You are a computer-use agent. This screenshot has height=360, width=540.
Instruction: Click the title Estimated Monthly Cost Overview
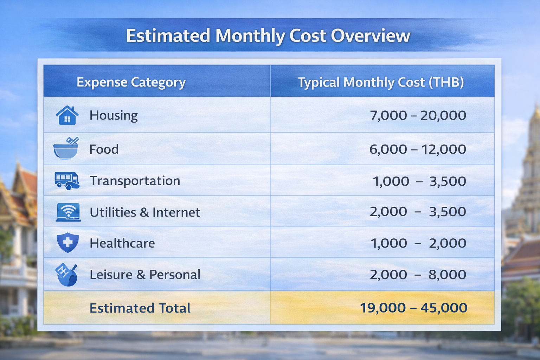coord(268,36)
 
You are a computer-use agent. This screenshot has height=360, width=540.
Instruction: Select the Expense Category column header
coord(131,82)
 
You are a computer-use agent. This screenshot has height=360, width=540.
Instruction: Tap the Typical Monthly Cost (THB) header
coord(381,82)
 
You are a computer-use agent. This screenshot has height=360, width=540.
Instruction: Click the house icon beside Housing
coord(67,115)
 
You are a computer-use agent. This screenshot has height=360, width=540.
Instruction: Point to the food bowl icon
coord(66,149)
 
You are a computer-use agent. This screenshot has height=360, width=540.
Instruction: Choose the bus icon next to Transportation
coord(67,181)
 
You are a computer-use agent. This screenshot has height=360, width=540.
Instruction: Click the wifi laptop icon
coord(68,212)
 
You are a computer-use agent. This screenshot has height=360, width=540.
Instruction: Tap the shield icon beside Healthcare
coord(67,243)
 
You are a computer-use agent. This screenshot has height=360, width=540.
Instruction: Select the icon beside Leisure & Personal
coord(67,275)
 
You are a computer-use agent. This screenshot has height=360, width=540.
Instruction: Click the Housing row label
coord(114,115)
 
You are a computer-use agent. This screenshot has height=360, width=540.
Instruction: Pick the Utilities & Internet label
coord(145,212)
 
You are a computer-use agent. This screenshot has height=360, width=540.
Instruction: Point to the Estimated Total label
coord(140,308)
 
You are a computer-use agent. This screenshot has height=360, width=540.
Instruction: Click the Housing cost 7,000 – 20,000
coord(418,115)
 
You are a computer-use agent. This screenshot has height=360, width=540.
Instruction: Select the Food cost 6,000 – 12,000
coord(418,149)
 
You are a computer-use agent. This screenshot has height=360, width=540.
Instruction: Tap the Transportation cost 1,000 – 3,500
coord(419,181)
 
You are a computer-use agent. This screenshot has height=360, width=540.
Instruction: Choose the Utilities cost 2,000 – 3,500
coord(418,212)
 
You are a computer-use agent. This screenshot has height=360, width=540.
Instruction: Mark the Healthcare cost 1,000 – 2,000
coord(418,243)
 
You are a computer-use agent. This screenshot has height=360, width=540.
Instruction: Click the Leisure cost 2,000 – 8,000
coord(418,275)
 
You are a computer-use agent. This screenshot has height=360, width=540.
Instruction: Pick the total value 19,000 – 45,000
coord(413,308)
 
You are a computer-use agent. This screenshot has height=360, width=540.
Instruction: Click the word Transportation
coord(135,181)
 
